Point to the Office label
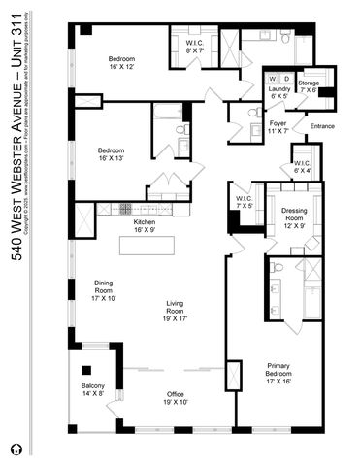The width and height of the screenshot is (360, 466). tap(176, 398)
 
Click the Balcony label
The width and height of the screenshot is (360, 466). tap(92, 390)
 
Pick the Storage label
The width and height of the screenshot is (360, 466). tap(310, 86)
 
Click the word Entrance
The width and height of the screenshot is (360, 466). tap(322, 127)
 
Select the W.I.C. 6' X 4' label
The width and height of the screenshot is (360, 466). tap(302, 167)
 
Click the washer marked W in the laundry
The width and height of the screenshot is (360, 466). tap(274, 77)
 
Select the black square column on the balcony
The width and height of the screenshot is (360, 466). tap(86, 370)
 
